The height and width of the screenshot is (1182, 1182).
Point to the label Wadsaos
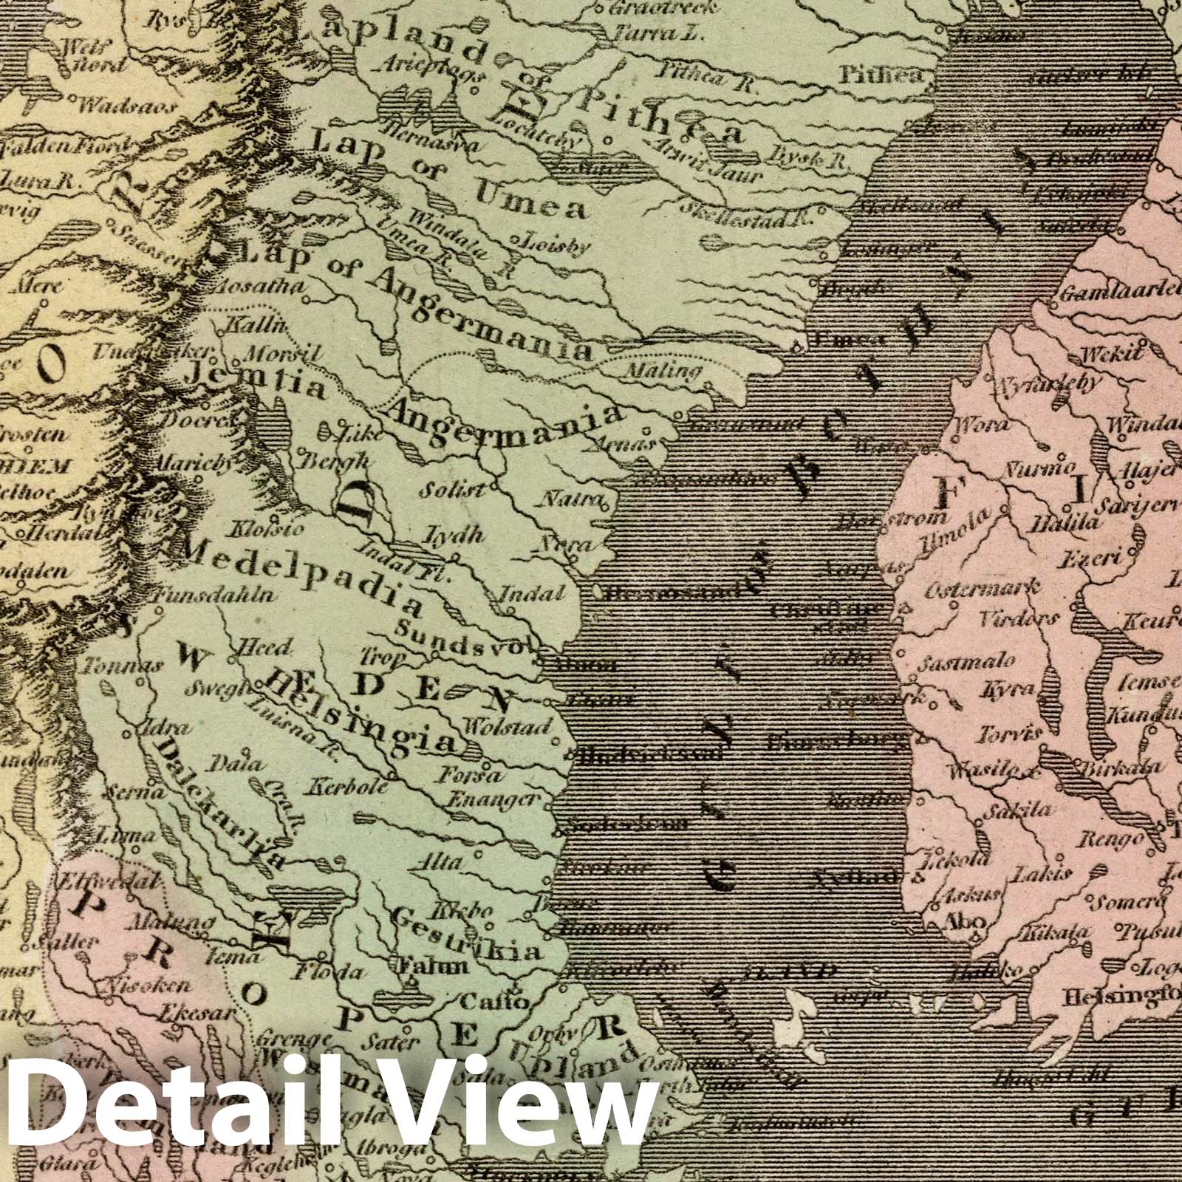126,106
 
